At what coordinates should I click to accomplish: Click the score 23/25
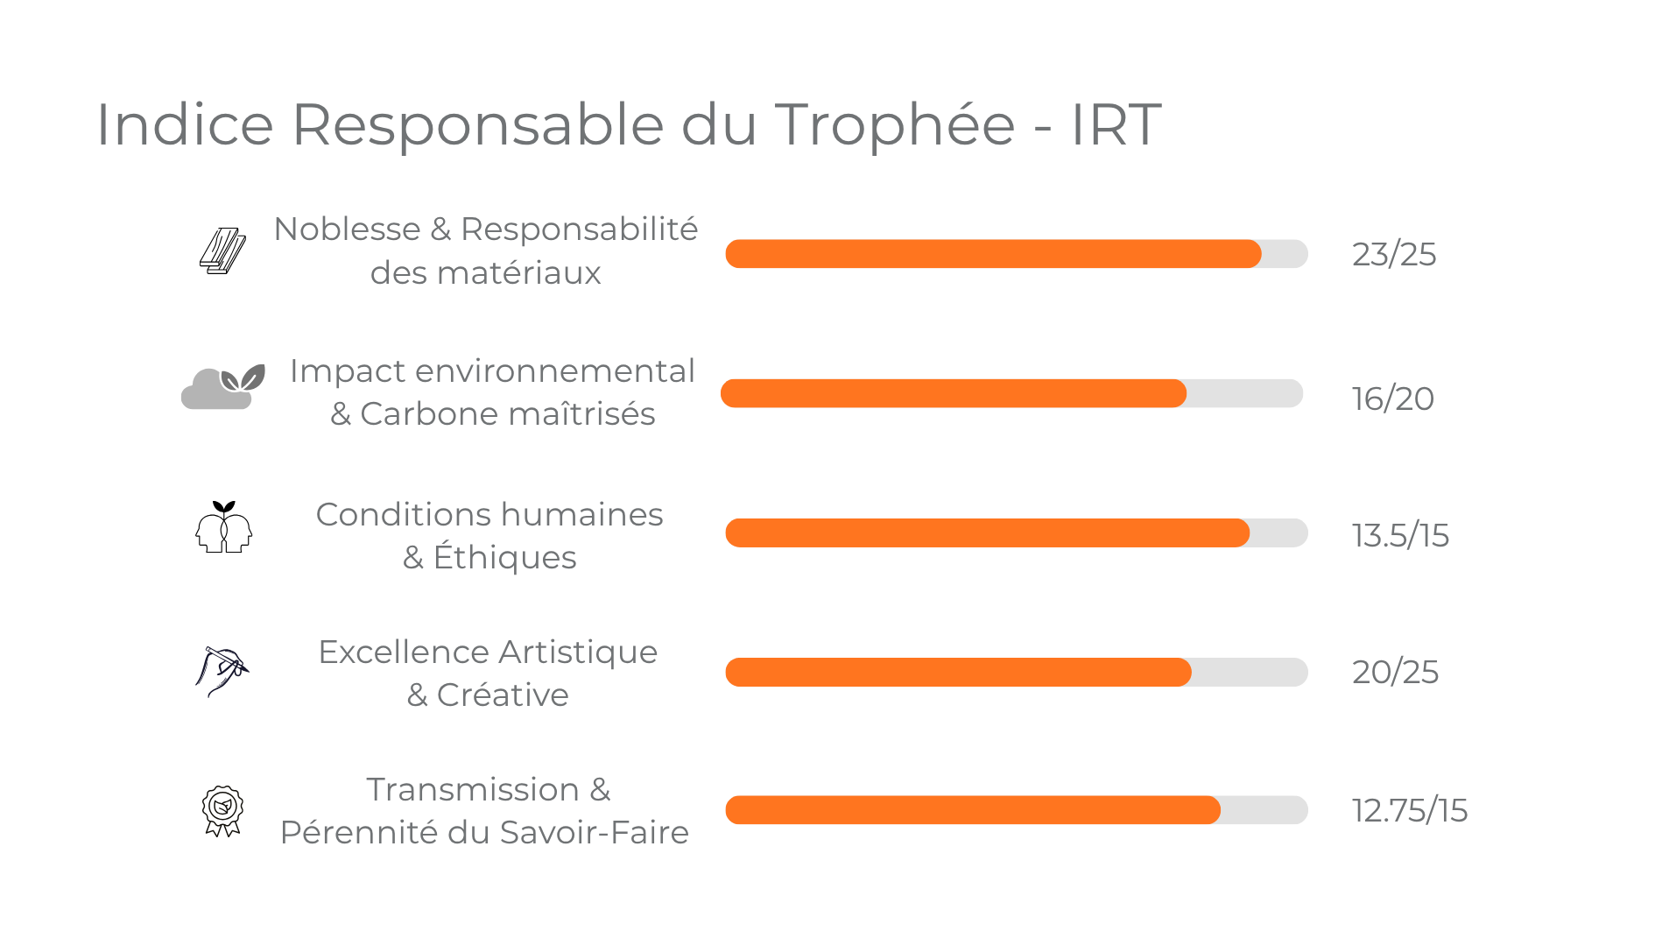pos(1393,254)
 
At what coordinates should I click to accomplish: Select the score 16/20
pos(1392,398)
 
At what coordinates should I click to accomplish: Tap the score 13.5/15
pos(1399,535)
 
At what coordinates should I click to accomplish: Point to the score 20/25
pos(1395,672)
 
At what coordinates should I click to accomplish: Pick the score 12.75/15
pos(1409,810)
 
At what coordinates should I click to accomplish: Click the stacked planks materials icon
pos(222,251)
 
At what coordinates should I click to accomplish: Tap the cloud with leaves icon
pos(222,387)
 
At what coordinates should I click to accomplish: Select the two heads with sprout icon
pos(223,527)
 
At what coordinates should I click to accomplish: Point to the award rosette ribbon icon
pos(222,810)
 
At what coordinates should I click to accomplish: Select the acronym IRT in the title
pos(1116,124)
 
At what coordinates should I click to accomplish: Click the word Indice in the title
pos(185,124)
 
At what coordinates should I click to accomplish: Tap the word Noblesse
pos(347,229)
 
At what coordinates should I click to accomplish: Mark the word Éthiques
pos(504,557)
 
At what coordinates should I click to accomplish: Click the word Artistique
pos(578,652)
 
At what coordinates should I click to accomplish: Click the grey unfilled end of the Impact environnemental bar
pos(1243,393)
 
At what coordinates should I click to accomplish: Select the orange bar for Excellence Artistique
pos(958,672)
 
